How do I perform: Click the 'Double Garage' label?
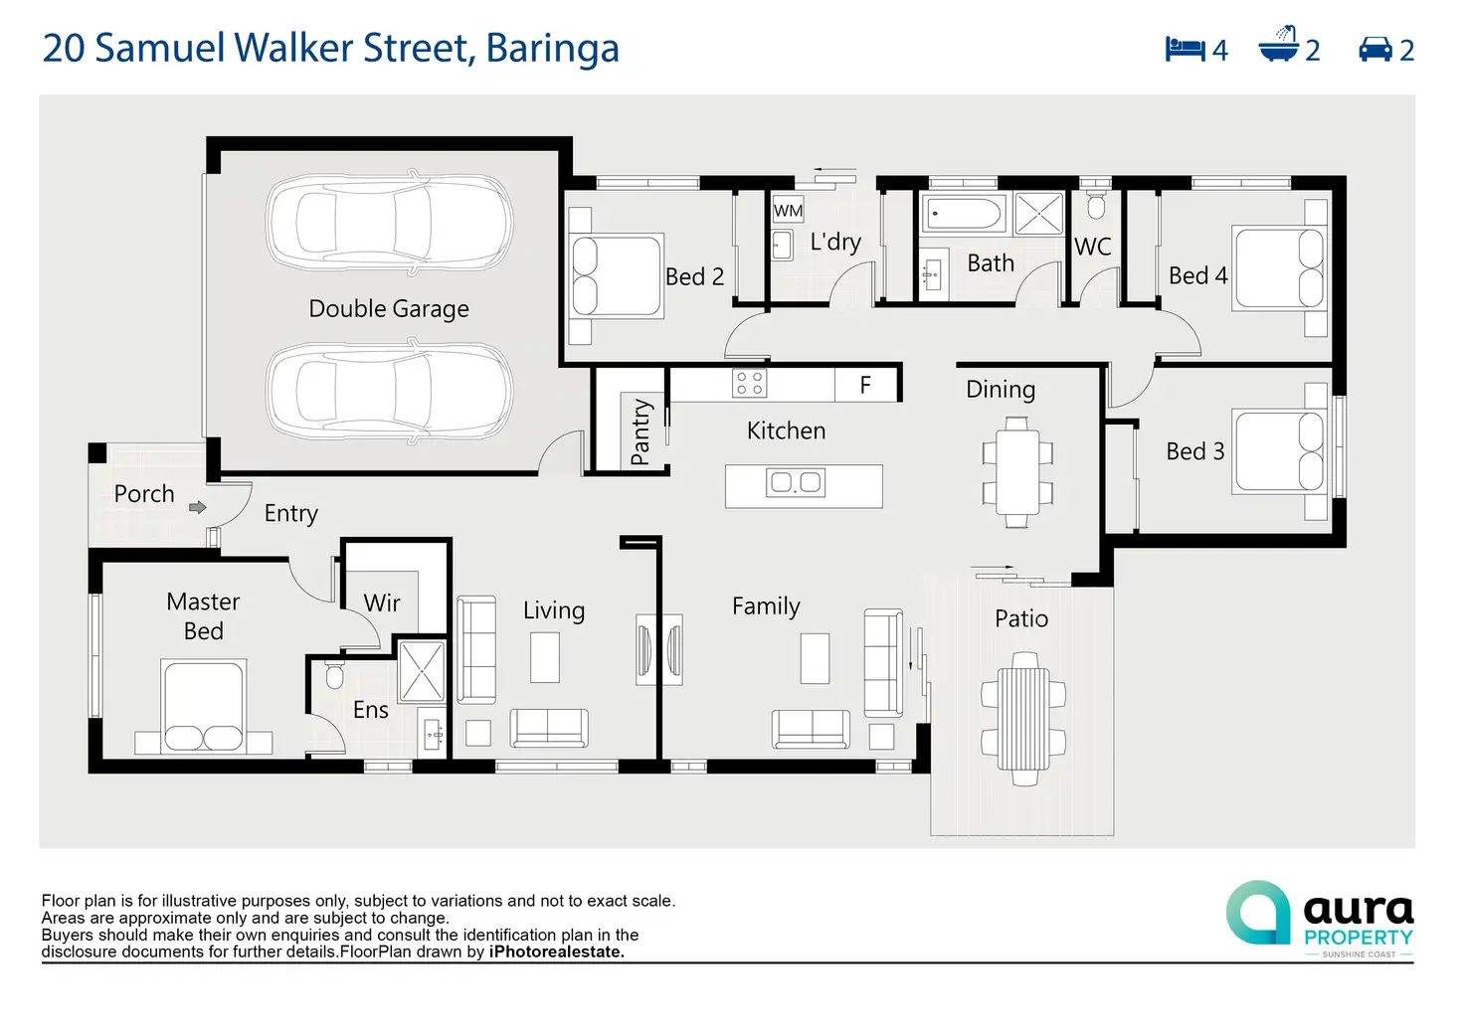tap(388, 309)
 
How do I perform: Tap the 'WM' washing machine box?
tap(788, 211)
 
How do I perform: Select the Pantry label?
tap(640, 432)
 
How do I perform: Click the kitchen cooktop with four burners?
tap(750, 384)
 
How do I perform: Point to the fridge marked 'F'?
tap(865, 385)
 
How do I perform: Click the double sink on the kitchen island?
tap(796, 483)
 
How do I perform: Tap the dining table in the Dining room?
tap(1017, 472)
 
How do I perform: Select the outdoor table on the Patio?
tap(1023, 718)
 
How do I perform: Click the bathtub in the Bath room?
tap(964, 214)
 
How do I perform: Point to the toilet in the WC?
tap(1096, 206)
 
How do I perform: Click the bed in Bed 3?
tap(1280, 451)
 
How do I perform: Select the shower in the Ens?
tap(422, 672)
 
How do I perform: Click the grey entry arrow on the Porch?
tap(198, 507)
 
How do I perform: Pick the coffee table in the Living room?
tap(544, 657)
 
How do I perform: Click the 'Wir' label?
tap(382, 603)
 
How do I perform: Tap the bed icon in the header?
tap(1185, 49)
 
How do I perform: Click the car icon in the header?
tap(1375, 49)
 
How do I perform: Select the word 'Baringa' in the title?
tap(552, 48)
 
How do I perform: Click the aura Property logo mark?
tap(1258, 912)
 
